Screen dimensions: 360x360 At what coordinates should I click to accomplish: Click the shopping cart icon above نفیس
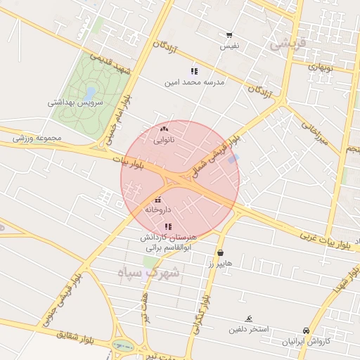point(229,35)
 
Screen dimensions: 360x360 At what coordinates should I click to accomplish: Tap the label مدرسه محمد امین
point(194,82)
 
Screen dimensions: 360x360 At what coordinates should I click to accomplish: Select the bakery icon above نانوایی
point(165,129)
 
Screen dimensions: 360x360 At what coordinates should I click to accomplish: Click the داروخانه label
point(158,210)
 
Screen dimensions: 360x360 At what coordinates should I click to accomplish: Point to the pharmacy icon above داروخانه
point(157,200)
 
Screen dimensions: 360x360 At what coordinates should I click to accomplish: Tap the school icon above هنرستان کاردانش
point(167,226)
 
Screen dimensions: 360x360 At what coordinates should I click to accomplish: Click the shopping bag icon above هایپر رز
point(221,252)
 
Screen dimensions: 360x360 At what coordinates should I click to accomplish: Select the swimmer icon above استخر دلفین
point(247,319)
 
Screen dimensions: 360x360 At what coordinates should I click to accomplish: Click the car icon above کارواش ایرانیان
point(306,330)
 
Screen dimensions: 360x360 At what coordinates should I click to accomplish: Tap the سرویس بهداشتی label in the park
point(75,102)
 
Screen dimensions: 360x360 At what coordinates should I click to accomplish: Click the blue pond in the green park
point(89,92)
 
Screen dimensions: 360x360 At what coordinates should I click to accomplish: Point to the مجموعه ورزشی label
point(37,137)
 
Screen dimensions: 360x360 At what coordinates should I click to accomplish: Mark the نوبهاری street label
point(321,67)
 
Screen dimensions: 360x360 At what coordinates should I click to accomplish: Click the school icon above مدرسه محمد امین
point(194,71)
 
